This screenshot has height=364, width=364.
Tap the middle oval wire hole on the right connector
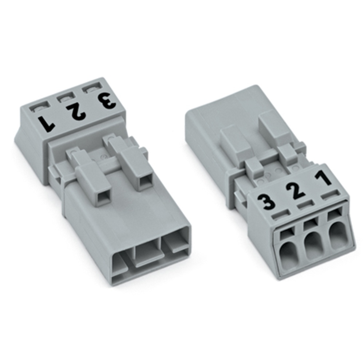[x=314, y=246]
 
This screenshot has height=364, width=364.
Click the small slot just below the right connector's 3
[x=281, y=214]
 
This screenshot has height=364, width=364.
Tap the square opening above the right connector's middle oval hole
[x=310, y=223]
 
